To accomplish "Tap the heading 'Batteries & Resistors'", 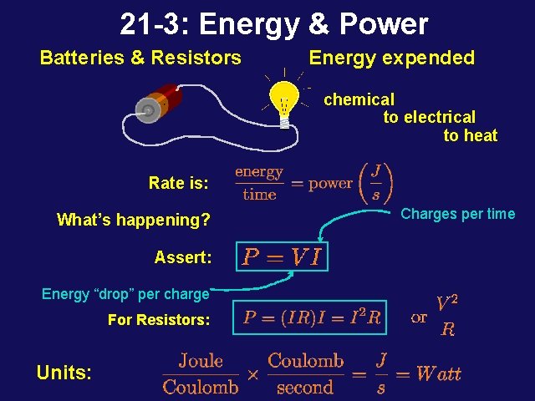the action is (140, 58).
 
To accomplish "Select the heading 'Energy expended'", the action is (391, 58).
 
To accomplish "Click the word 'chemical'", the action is (359, 99).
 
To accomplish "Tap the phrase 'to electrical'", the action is (429, 118).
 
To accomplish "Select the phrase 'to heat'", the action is (470, 135).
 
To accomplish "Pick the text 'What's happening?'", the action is (133, 221).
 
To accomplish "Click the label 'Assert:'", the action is (182, 257).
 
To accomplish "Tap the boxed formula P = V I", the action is (283, 256).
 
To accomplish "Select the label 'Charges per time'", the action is (457, 214).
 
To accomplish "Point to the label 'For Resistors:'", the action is (159, 320).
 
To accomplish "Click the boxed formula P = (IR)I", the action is (311, 317).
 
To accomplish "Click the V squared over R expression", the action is (447, 316).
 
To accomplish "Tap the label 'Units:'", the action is (64, 373).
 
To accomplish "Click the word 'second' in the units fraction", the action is (305, 387).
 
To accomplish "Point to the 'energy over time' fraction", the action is (259, 183).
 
